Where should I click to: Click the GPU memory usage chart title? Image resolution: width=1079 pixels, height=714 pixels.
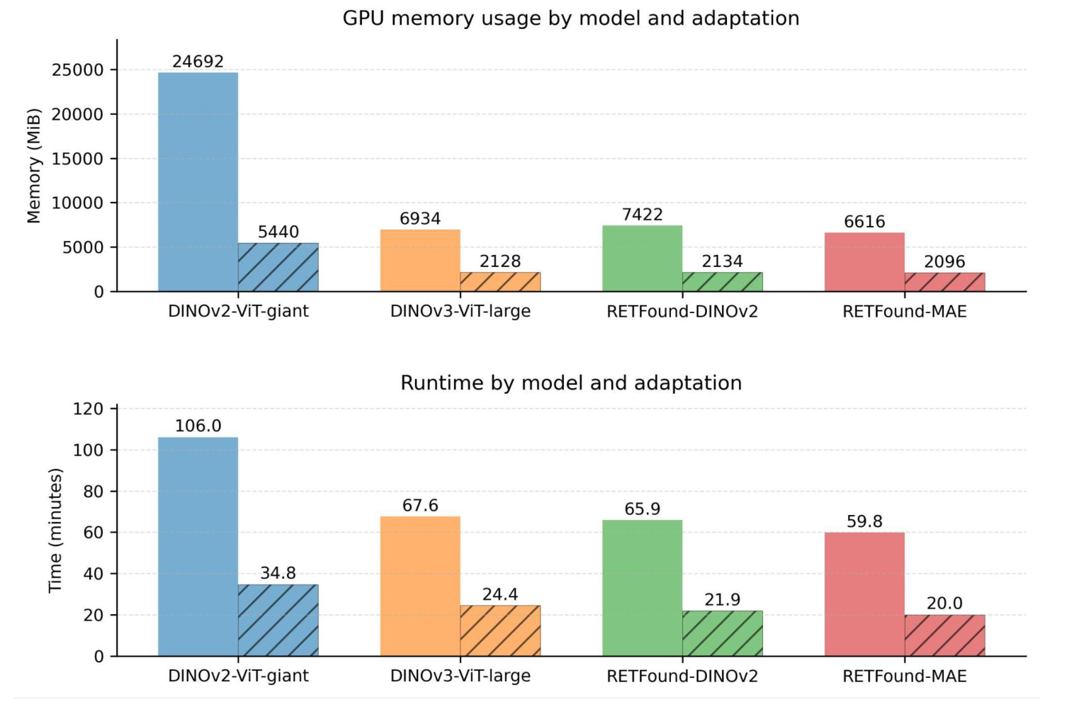coord(570,18)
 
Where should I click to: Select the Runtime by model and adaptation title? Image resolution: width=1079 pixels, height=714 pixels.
coord(570,383)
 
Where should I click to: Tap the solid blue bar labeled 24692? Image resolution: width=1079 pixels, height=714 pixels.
coord(198,182)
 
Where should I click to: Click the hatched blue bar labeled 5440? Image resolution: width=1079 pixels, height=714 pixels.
coord(278,268)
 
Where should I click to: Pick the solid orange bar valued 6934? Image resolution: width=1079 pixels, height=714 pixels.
coord(420,261)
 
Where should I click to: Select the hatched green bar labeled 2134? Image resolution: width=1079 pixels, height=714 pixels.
coord(722,282)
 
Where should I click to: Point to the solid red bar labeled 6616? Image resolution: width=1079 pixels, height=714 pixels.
coord(864,262)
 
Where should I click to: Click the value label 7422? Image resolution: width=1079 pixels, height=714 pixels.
coord(642,215)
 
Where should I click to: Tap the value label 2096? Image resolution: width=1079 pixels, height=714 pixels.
coord(944,262)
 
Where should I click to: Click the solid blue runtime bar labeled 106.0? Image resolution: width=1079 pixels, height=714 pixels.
coord(198,547)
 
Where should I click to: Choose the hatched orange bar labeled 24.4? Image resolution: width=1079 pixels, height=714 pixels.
coord(500,631)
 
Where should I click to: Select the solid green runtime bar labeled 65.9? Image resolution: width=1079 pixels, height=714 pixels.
coord(642,588)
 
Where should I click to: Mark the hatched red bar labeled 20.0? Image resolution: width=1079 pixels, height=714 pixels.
coord(944,635)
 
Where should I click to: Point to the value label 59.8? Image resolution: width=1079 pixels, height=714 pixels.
coord(864,522)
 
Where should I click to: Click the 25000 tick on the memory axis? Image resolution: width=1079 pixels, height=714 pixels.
coord(78,70)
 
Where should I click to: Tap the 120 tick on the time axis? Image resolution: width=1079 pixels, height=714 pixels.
coord(88,409)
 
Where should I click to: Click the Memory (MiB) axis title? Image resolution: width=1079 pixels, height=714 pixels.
coord(33,166)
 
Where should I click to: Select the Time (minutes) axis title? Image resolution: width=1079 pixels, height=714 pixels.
coord(55,531)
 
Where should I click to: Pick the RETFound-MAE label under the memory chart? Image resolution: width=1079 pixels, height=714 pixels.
coord(904,312)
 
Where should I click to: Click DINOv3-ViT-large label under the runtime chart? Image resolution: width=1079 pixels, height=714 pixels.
coord(460,676)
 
